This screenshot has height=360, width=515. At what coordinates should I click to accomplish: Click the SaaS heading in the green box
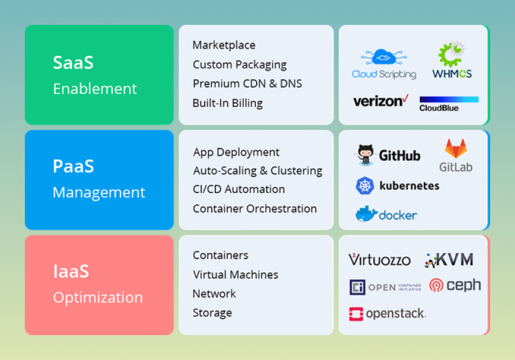point(73,62)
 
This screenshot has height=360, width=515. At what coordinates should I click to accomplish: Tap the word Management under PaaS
point(99,192)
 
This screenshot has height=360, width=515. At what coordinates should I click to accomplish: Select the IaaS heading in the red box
point(71,272)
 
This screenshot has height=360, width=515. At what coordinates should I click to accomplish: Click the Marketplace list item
point(224,45)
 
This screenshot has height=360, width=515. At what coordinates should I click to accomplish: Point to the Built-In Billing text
point(227,103)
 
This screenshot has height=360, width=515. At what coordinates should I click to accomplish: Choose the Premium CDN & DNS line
point(247,84)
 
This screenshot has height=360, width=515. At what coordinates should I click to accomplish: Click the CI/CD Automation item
point(239,190)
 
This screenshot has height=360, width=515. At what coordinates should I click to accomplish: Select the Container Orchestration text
point(255,209)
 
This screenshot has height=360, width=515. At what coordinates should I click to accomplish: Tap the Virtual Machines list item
point(235,275)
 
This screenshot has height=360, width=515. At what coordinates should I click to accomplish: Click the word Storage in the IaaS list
point(212,313)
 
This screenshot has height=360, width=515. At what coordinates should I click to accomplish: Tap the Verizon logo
point(381,101)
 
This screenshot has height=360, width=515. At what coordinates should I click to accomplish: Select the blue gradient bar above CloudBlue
point(449,99)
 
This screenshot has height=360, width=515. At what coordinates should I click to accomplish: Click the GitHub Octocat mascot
point(365,155)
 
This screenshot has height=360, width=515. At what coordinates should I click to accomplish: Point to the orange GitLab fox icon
point(456,149)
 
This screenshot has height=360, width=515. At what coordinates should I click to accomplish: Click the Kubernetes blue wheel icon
point(365,186)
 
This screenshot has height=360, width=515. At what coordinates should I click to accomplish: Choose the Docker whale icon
point(366,214)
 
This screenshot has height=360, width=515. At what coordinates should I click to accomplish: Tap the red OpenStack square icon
point(356,314)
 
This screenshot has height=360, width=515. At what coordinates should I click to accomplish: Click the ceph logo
point(455,285)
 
